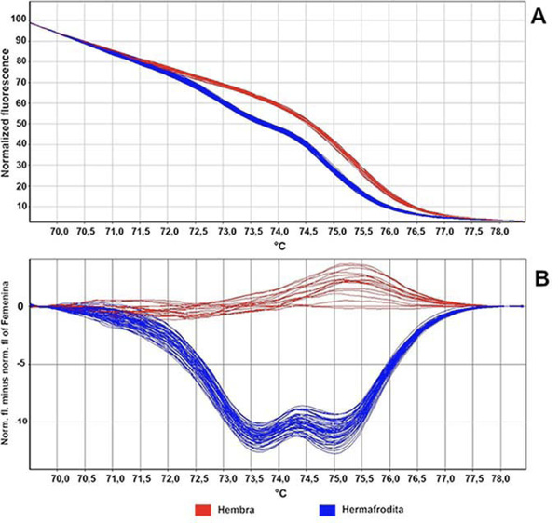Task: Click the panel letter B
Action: coord(539,276)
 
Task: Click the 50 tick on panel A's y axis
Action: coord(20,122)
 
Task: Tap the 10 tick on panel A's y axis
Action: coord(20,206)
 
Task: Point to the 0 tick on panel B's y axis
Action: coord(22,305)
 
